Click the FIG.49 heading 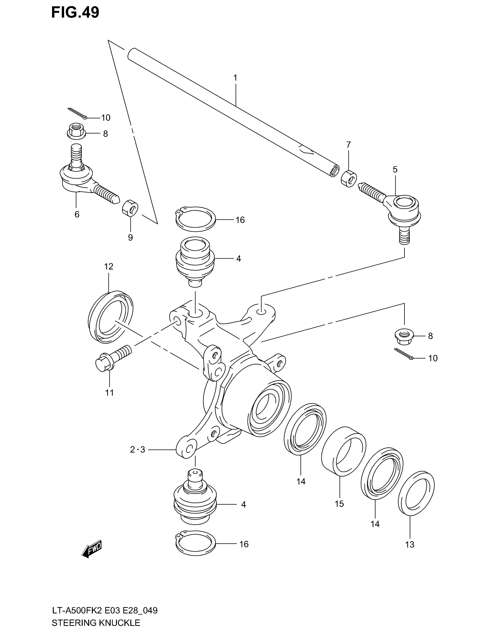pyautogui.click(x=75, y=12)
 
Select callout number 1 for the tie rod pyautogui.click(x=235, y=78)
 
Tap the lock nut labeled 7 pyautogui.click(x=349, y=179)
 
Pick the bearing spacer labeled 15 pyautogui.click(x=343, y=455)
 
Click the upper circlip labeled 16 pyautogui.click(x=195, y=219)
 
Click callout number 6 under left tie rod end pyautogui.click(x=77, y=214)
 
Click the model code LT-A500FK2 pyautogui.click(x=77, y=610)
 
